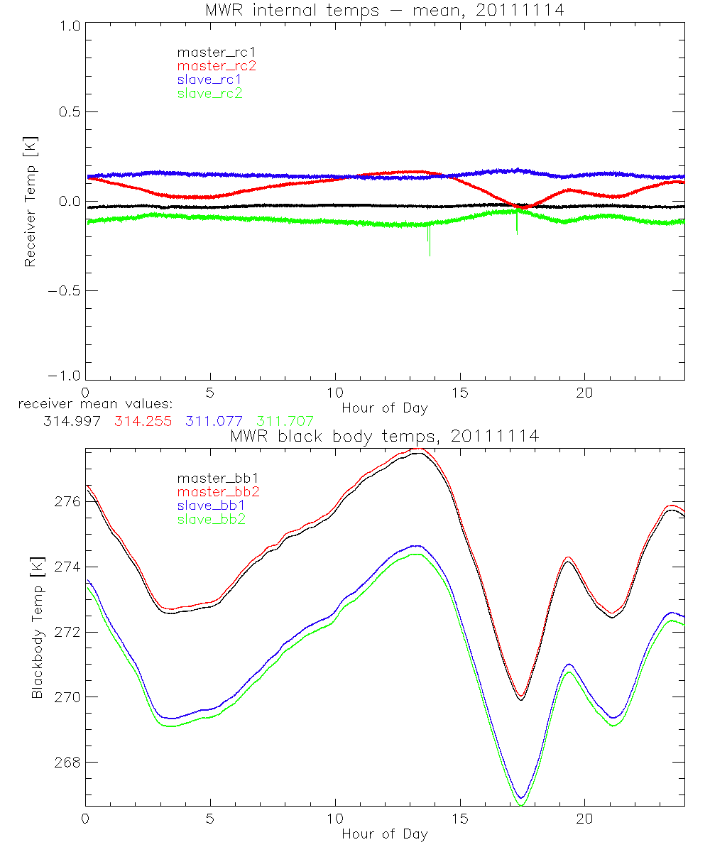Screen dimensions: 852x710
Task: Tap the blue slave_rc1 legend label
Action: pos(209,79)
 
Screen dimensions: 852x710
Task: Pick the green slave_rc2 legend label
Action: pos(209,93)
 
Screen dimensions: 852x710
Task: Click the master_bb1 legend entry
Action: pos(212,478)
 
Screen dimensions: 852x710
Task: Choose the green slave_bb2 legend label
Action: pos(212,520)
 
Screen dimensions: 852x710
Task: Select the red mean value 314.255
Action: pos(141,421)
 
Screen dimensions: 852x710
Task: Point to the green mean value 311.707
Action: pos(285,421)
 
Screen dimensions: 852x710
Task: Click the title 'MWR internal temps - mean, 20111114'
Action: pos(384,11)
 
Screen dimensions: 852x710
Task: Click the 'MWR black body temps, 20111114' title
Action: pos(384,436)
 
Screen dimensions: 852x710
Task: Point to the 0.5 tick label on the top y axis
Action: pos(67,112)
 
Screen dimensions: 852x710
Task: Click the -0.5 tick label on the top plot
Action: pos(64,290)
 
